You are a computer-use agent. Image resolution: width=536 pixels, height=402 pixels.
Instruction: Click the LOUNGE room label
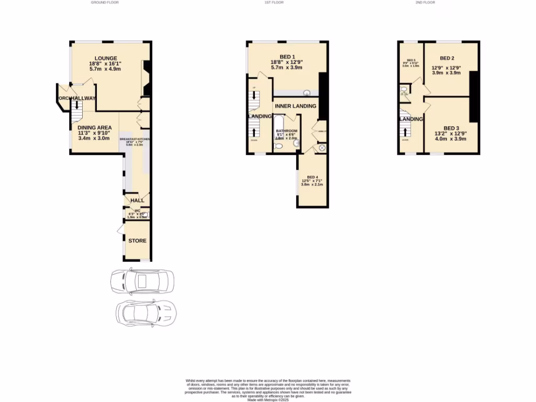click(106, 58)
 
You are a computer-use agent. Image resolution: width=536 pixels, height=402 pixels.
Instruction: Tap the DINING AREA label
click(94, 127)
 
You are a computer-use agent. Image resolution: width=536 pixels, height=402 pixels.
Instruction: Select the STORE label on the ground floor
click(138, 241)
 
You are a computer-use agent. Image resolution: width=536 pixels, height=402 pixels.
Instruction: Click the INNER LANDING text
click(295, 106)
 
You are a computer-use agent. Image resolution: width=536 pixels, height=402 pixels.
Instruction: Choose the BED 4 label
click(312, 177)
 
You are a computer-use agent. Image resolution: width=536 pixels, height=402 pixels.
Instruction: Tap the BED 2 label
click(446, 58)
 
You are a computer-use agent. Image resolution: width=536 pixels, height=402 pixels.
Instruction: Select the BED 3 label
click(451, 128)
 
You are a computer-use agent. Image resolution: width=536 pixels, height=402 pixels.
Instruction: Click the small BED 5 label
click(411, 61)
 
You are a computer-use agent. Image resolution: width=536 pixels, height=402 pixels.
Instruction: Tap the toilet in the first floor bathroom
click(278, 147)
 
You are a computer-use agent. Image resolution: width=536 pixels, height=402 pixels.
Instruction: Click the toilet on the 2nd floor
click(403, 89)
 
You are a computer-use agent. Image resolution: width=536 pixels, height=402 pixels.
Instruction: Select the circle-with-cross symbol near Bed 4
click(321, 148)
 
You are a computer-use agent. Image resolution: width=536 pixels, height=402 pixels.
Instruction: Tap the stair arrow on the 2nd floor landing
click(404, 129)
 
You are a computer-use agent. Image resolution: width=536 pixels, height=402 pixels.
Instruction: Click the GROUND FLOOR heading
click(105, 3)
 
